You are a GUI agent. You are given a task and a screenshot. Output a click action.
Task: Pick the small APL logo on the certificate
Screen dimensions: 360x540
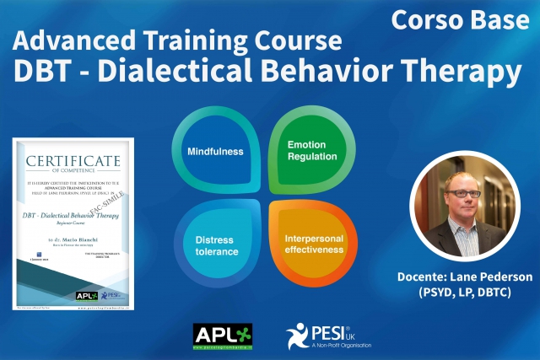click(x=87, y=294)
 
